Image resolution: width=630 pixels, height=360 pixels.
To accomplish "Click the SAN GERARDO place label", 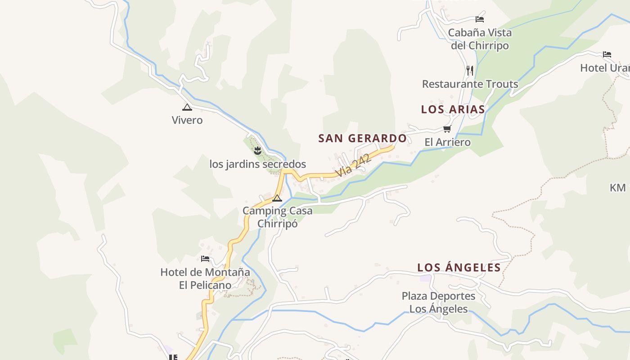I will [x=362, y=138].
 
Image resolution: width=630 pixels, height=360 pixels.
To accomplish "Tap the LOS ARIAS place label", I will [x=453, y=109].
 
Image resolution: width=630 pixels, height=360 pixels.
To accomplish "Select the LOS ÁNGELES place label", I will [x=459, y=267].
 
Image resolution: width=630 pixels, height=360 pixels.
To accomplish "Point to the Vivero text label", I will [x=187, y=120].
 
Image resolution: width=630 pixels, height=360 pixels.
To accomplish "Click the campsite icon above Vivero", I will [x=187, y=107].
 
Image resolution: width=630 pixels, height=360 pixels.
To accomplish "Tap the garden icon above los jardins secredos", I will [x=257, y=150].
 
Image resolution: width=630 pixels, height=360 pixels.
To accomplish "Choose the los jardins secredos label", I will [x=257, y=164].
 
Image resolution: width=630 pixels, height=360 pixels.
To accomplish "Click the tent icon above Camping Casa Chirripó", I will [x=277, y=198].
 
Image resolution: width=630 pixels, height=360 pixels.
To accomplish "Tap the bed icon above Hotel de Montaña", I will [x=205, y=259].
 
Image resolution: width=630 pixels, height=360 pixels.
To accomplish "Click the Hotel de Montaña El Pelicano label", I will [x=205, y=279].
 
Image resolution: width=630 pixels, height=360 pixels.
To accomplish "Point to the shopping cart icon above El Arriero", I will [x=447, y=129].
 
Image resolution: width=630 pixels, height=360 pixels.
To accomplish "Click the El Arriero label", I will [x=447, y=142].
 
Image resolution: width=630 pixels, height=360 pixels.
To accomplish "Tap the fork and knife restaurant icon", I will [x=470, y=70].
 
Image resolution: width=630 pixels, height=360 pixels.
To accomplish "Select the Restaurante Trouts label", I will [x=470, y=84].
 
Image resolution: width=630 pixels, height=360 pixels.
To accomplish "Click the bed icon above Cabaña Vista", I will [x=480, y=19].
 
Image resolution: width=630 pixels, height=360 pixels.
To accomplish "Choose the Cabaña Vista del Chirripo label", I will [x=480, y=39].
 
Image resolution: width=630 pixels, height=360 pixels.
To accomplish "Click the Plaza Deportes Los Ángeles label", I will [x=438, y=302].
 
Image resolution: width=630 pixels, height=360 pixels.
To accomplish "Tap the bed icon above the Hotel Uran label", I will [x=607, y=54].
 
